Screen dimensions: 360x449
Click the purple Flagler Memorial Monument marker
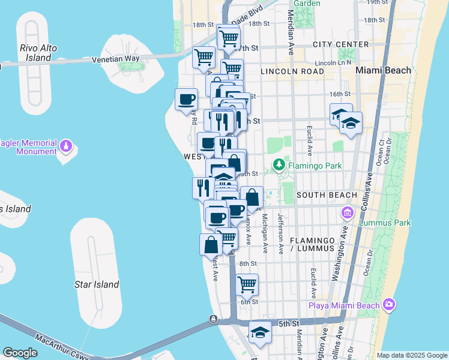click(66, 145)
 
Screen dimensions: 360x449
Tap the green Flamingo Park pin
click(279, 164)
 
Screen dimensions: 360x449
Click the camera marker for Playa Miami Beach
click(389, 305)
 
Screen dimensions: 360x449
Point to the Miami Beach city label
click(384, 70)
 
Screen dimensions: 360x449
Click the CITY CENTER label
click(341, 45)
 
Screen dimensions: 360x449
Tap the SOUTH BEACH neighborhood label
click(327, 196)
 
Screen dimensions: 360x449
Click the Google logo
click(20, 353)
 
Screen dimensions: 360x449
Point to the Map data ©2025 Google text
click(412, 355)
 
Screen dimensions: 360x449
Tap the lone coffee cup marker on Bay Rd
click(186, 98)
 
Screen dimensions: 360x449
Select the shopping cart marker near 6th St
click(247, 285)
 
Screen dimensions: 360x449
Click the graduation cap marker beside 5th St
click(260, 332)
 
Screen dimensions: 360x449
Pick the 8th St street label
click(248, 264)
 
